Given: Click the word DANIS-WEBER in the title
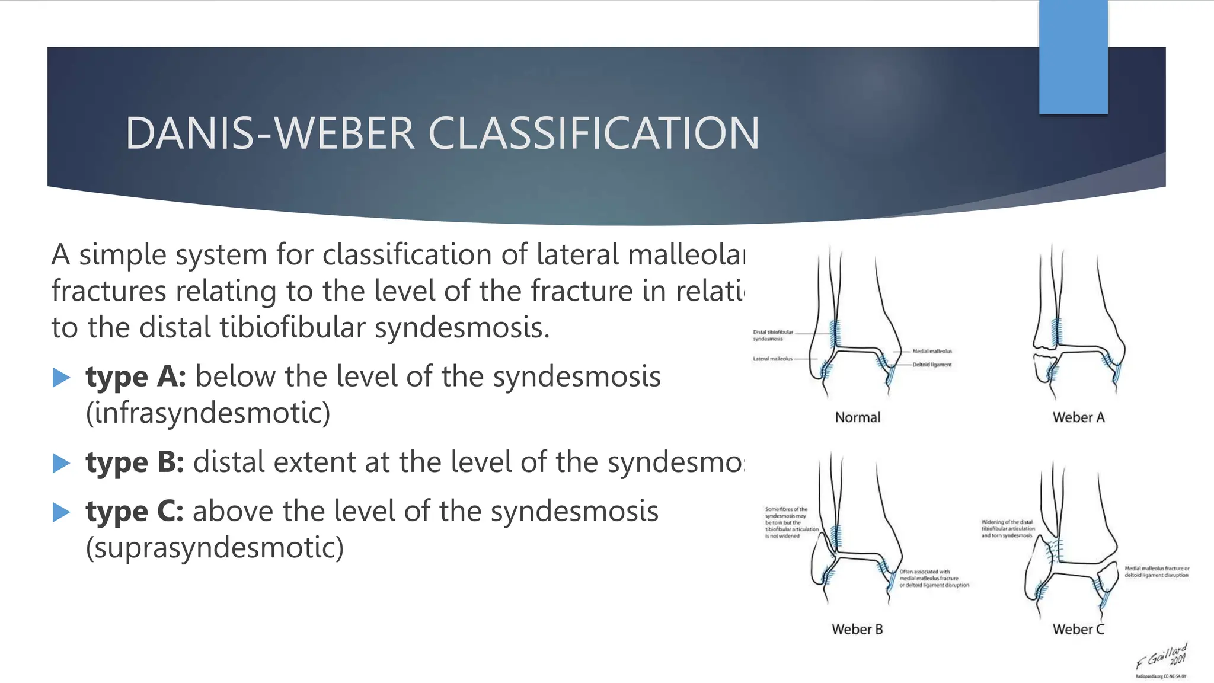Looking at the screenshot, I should [270, 133].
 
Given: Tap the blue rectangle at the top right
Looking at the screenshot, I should [1073, 56].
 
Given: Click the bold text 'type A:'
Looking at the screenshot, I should [136, 377].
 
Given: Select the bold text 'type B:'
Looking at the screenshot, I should [135, 462].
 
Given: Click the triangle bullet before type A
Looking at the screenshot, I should [62, 378].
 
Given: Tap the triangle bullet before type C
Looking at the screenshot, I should [62, 512].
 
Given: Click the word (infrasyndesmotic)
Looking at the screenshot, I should [208, 413].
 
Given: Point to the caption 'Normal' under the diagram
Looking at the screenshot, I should [857, 417].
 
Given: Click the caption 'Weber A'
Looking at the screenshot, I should [1078, 417].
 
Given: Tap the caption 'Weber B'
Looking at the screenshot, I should [857, 630].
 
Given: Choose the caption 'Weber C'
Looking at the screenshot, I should [1078, 630].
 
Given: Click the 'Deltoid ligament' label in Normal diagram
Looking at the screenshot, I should [932, 365].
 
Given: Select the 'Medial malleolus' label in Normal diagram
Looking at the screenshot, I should [932, 351].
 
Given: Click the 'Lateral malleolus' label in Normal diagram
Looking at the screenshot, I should [772, 359].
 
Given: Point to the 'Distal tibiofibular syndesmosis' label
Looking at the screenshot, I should [772, 336].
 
